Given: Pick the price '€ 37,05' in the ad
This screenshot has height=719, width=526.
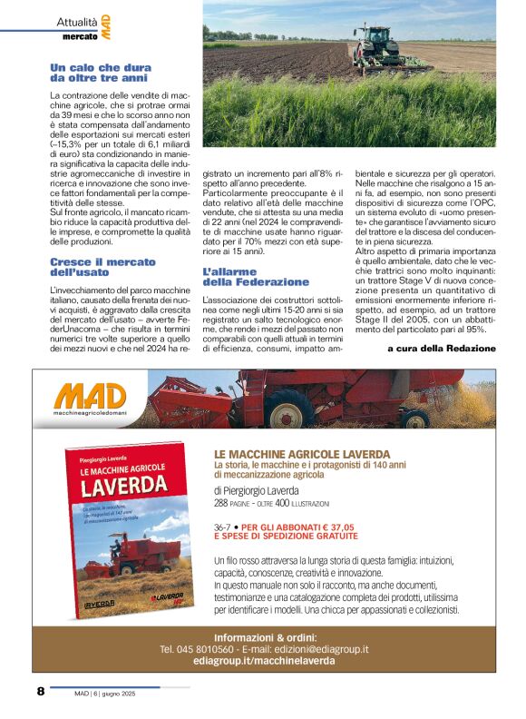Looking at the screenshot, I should point(332,527).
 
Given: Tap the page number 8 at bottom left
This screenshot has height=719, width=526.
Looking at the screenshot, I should point(41,692).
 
